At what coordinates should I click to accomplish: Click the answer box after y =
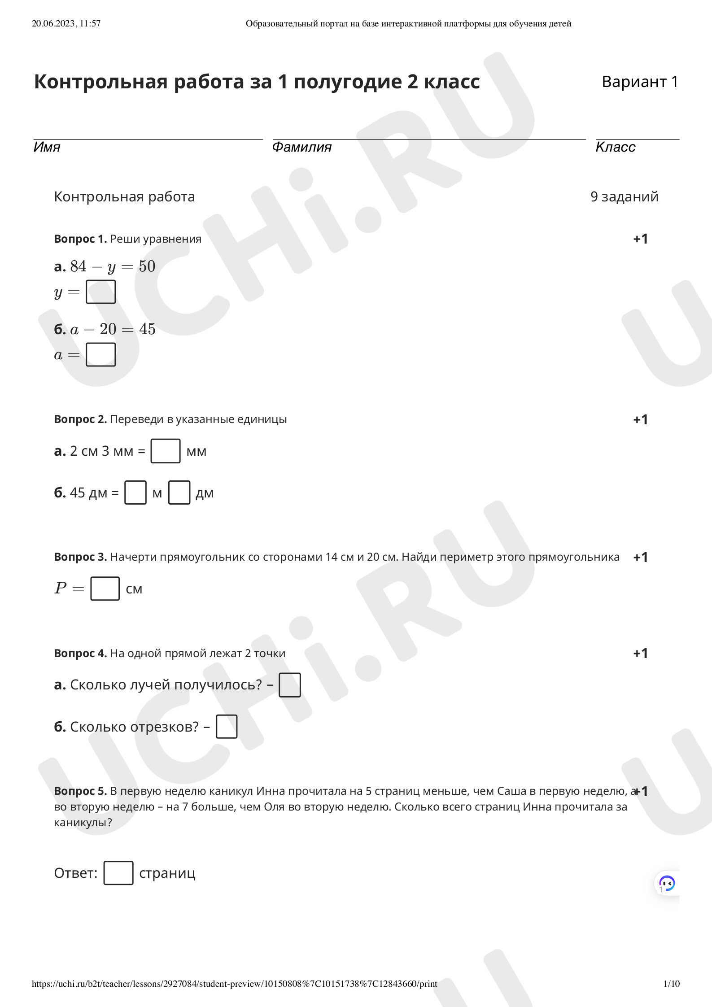[x=100, y=292]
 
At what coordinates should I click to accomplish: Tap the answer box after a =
[x=100, y=355]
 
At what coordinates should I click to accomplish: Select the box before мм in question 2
[x=165, y=451]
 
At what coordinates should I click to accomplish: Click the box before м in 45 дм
[x=135, y=493]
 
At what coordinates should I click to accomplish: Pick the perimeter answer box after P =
[x=105, y=589]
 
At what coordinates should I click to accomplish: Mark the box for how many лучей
[x=289, y=685]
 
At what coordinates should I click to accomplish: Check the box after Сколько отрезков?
[x=227, y=727]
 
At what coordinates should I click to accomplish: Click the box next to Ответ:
[x=118, y=873]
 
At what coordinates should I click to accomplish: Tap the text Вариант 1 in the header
[x=639, y=82]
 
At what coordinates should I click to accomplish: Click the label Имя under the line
[x=47, y=147]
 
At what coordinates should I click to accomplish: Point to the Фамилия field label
[x=301, y=147]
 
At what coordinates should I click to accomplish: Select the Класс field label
[x=615, y=147]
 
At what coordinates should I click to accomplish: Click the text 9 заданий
[x=624, y=196]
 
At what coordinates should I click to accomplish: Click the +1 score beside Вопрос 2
[x=640, y=419]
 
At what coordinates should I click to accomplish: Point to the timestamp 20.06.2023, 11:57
[x=66, y=24]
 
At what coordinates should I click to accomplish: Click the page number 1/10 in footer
[x=671, y=984]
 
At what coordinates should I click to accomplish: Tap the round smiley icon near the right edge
[x=667, y=883]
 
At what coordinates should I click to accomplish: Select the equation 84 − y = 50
[x=112, y=266]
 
